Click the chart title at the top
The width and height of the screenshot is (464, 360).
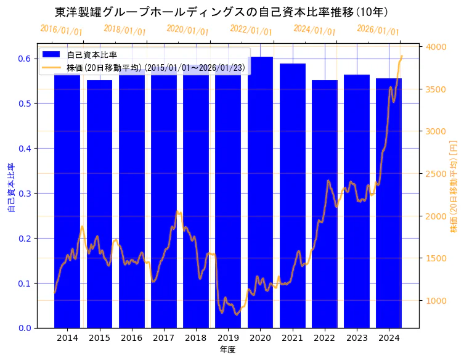pyautogui.click(x=221, y=12)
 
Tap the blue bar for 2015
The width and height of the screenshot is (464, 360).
pyautogui.click(x=99, y=204)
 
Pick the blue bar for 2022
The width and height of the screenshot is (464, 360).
pyautogui.click(x=324, y=204)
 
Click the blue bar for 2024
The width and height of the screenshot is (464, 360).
pyautogui.click(x=388, y=203)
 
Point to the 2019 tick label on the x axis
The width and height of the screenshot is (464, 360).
pyautogui.click(x=228, y=338)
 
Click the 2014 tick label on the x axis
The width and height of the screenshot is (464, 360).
pyautogui.click(x=67, y=338)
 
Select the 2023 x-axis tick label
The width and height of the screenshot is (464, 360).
pyautogui.click(x=357, y=338)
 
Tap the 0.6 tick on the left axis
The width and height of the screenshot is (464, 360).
pyautogui.click(x=24, y=59)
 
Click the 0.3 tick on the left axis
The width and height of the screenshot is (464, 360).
pyautogui.click(x=24, y=194)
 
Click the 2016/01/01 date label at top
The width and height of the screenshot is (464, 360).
pyautogui.click(x=61, y=30)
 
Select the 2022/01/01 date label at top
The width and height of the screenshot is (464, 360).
pyautogui.click(x=251, y=30)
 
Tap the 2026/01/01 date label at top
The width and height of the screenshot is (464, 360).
pyautogui.click(x=378, y=30)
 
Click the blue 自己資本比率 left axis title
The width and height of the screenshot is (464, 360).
pyautogui.click(x=10, y=188)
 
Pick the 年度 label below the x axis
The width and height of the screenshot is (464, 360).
pyautogui.click(x=227, y=350)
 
